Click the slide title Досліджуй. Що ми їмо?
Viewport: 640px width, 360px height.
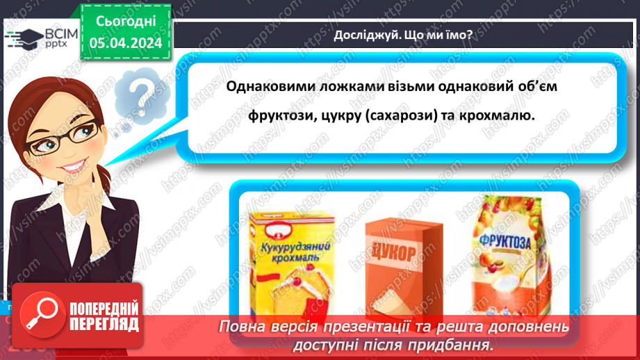(x=402, y=36)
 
